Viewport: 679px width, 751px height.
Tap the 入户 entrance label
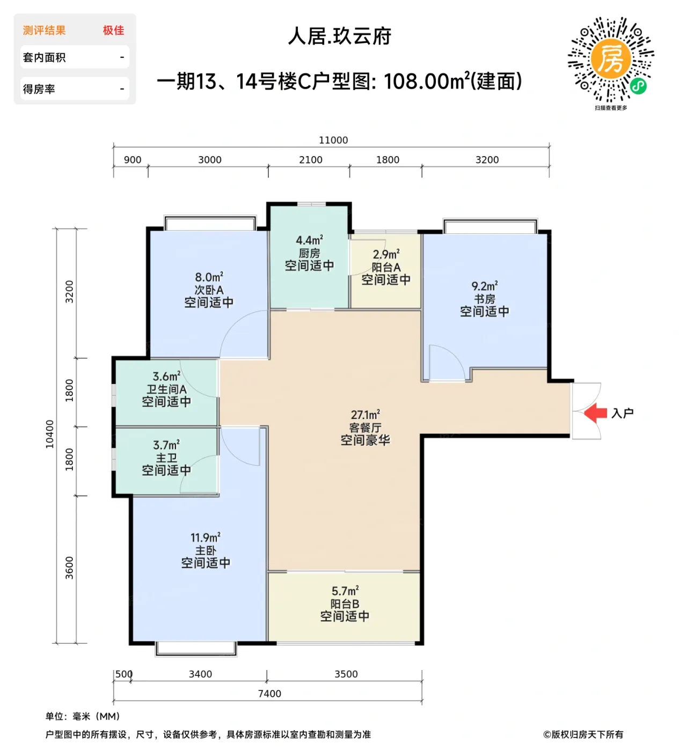point(623,413)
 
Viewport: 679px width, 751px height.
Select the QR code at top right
point(611,60)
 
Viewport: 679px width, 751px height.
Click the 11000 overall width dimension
point(333,140)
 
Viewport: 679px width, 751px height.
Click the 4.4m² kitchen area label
point(309,240)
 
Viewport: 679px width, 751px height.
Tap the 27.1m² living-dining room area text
point(366,415)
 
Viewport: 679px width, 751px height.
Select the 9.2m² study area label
point(484,286)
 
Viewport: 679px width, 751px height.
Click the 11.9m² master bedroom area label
point(205,538)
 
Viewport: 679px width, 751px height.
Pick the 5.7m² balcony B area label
point(345,591)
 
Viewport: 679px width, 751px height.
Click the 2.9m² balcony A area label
point(386,254)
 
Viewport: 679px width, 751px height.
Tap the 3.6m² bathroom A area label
point(166,377)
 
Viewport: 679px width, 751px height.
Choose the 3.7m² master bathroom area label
point(166,445)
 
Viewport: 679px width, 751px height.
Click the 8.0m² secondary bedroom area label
point(209,277)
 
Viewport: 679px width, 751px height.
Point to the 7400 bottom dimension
point(269,694)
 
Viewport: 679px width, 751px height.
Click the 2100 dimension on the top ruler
point(311,160)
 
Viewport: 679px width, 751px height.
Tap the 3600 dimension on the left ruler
point(69,568)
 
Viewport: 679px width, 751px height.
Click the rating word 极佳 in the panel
point(113,31)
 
